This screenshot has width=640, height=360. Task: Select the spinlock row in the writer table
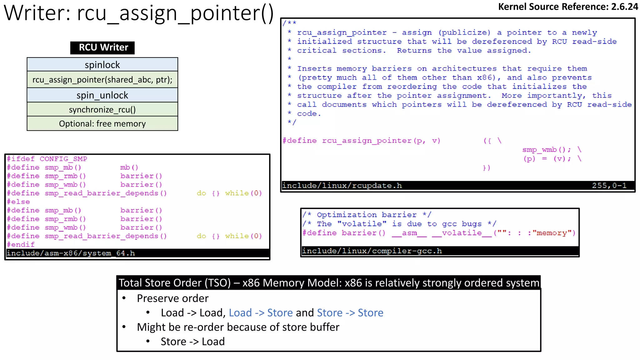coord(102,65)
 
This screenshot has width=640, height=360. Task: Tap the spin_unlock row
coord(102,95)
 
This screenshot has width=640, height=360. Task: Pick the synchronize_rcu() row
coord(102,110)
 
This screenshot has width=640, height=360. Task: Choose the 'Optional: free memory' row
coord(102,124)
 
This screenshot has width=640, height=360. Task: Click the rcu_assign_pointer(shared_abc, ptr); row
coord(102,80)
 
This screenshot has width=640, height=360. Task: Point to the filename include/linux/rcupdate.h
coord(342,186)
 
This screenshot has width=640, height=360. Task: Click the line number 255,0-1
coord(609,186)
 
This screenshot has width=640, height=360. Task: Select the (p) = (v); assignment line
coord(547,159)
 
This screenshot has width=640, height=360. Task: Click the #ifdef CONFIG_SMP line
coord(47,159)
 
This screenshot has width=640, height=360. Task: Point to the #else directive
coord(18,202)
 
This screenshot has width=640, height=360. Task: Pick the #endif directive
coord(21,245)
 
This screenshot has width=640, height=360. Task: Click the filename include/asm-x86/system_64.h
coord(71,253)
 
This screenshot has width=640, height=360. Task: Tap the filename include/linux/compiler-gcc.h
coord(372,251)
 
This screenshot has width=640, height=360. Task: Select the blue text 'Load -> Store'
coord(261,313)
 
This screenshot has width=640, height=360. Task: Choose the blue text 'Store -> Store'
coord(350,313)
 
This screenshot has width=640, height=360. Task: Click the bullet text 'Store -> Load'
coord(192,342)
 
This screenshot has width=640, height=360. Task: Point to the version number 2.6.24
coord(624,7)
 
